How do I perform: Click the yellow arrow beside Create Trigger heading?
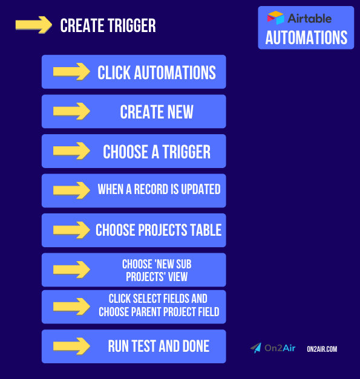[x=33, y=25]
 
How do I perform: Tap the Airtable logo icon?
[x=276, y=18]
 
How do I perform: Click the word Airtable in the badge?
[x=309, y=18]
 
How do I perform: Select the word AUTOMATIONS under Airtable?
[x=306, y=37]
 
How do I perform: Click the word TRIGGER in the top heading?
[x=129, y=25]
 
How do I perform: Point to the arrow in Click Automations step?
[x=71, y=72]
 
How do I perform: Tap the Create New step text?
[x=157, y=112]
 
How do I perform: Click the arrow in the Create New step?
[x=71, y=111]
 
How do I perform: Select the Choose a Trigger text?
[x=157, y=151]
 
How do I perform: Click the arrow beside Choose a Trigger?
[x=71, y=151]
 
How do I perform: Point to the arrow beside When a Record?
[x=71, y=190]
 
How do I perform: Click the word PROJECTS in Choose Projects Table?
[x=163, y=230]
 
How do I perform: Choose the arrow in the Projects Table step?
[x=71, y=230]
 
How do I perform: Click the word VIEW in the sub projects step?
[x=176, y=277]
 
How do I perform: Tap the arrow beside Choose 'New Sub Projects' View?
[x=71, y=270]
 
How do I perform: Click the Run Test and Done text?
[x=159, y=346]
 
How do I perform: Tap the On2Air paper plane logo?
[x=256, y=349]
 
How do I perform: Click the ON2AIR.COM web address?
[x=322, y=349]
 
